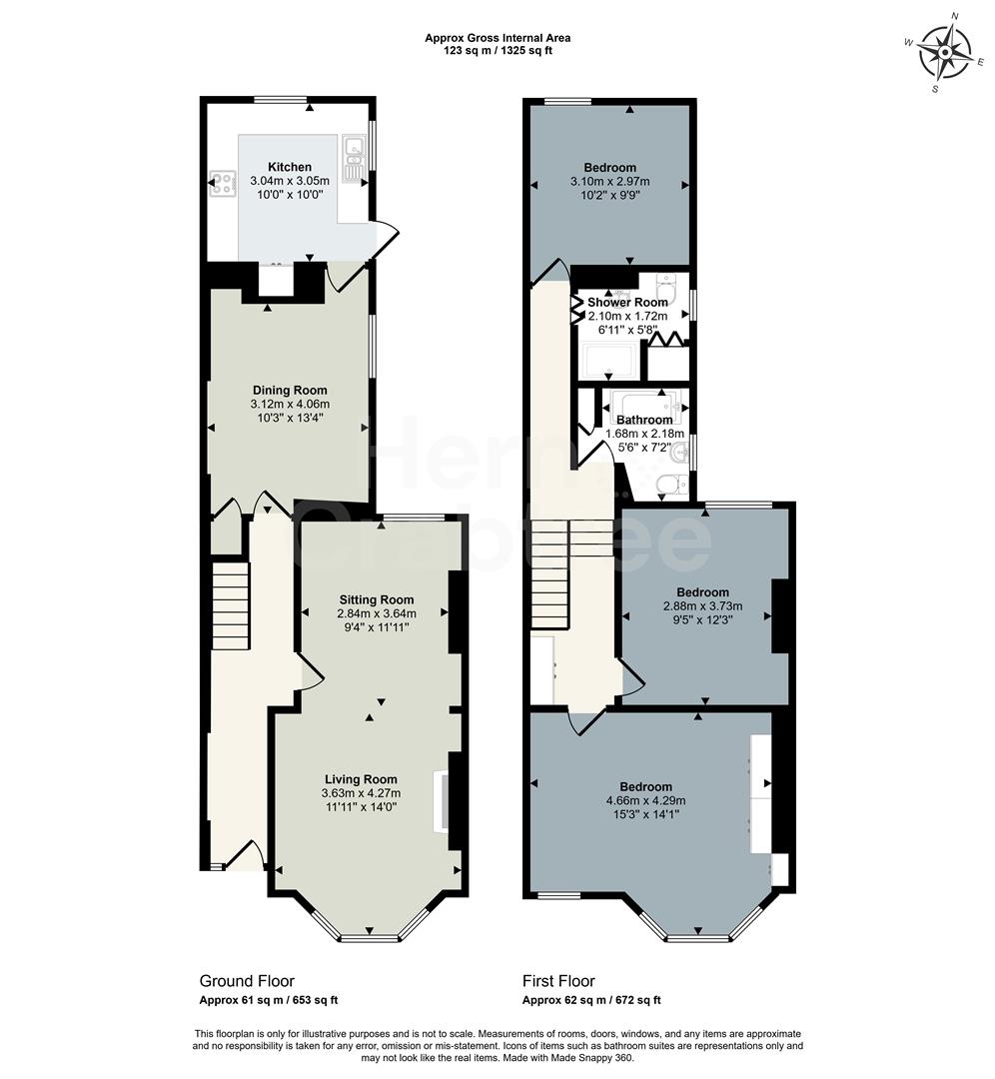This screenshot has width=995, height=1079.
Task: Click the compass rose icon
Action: tap(944, 52)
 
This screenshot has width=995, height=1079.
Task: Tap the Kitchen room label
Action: tap(289, 167)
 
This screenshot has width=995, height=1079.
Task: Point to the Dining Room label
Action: tap(289, 391)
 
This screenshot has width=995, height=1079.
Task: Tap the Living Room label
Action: tap(361, 779)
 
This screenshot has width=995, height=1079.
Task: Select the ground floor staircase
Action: tap(231, 605)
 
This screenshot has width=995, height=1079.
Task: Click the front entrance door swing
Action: tap(246, 854)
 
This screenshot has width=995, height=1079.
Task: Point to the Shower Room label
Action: tap(627, 302)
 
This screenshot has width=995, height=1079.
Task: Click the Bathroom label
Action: tap(644, 421)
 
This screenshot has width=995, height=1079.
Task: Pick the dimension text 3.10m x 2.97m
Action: tap(609, 182)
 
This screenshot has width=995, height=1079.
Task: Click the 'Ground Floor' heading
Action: tap(247, 981)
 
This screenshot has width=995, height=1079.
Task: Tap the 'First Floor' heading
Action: tap(558, 981)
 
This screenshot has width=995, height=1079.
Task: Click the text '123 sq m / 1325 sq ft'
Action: tap(497, 51)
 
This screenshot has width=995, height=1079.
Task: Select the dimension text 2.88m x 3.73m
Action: tap(695, 606)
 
